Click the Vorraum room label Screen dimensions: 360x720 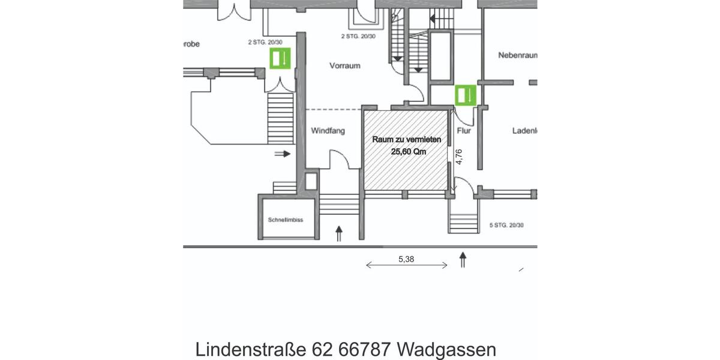pyautogui.click(x=344, y=65)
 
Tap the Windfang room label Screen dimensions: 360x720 pyautogui.click(x=328, y=131)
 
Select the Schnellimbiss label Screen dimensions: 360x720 pyautogui.click(x=285, y=220)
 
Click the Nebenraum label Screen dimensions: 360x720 pyautogui.click(x=517, y=55)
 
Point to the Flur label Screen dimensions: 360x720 pyautogui.click(x=464, y=130)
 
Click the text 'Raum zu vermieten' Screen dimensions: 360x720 pyautogui.click(x=407, y=140)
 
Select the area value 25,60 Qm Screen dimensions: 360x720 pyautogui.click(x=409, y=152)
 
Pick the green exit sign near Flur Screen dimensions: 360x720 pyautogui.click(x=465, y=95)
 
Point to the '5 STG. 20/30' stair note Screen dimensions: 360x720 pyautogui.click(x=506, y=226)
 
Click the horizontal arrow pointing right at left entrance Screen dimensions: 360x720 pyautogui.click(x=283, y=154)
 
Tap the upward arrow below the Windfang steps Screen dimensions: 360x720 pyautogui.click(x=339, y=233)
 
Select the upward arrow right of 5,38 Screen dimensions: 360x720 pyautogui.click(x=463, y=260)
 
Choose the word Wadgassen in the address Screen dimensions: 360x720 pyautogui.click(x=447, y=349)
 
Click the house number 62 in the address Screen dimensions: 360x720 pyautogui.click(x=321, y=349)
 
